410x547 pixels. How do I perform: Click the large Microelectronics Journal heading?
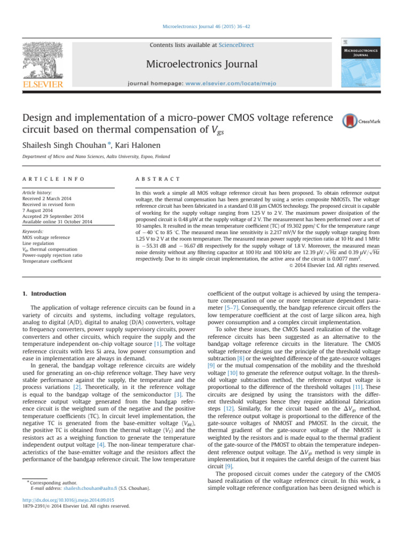204,65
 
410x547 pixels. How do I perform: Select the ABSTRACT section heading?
157,179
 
